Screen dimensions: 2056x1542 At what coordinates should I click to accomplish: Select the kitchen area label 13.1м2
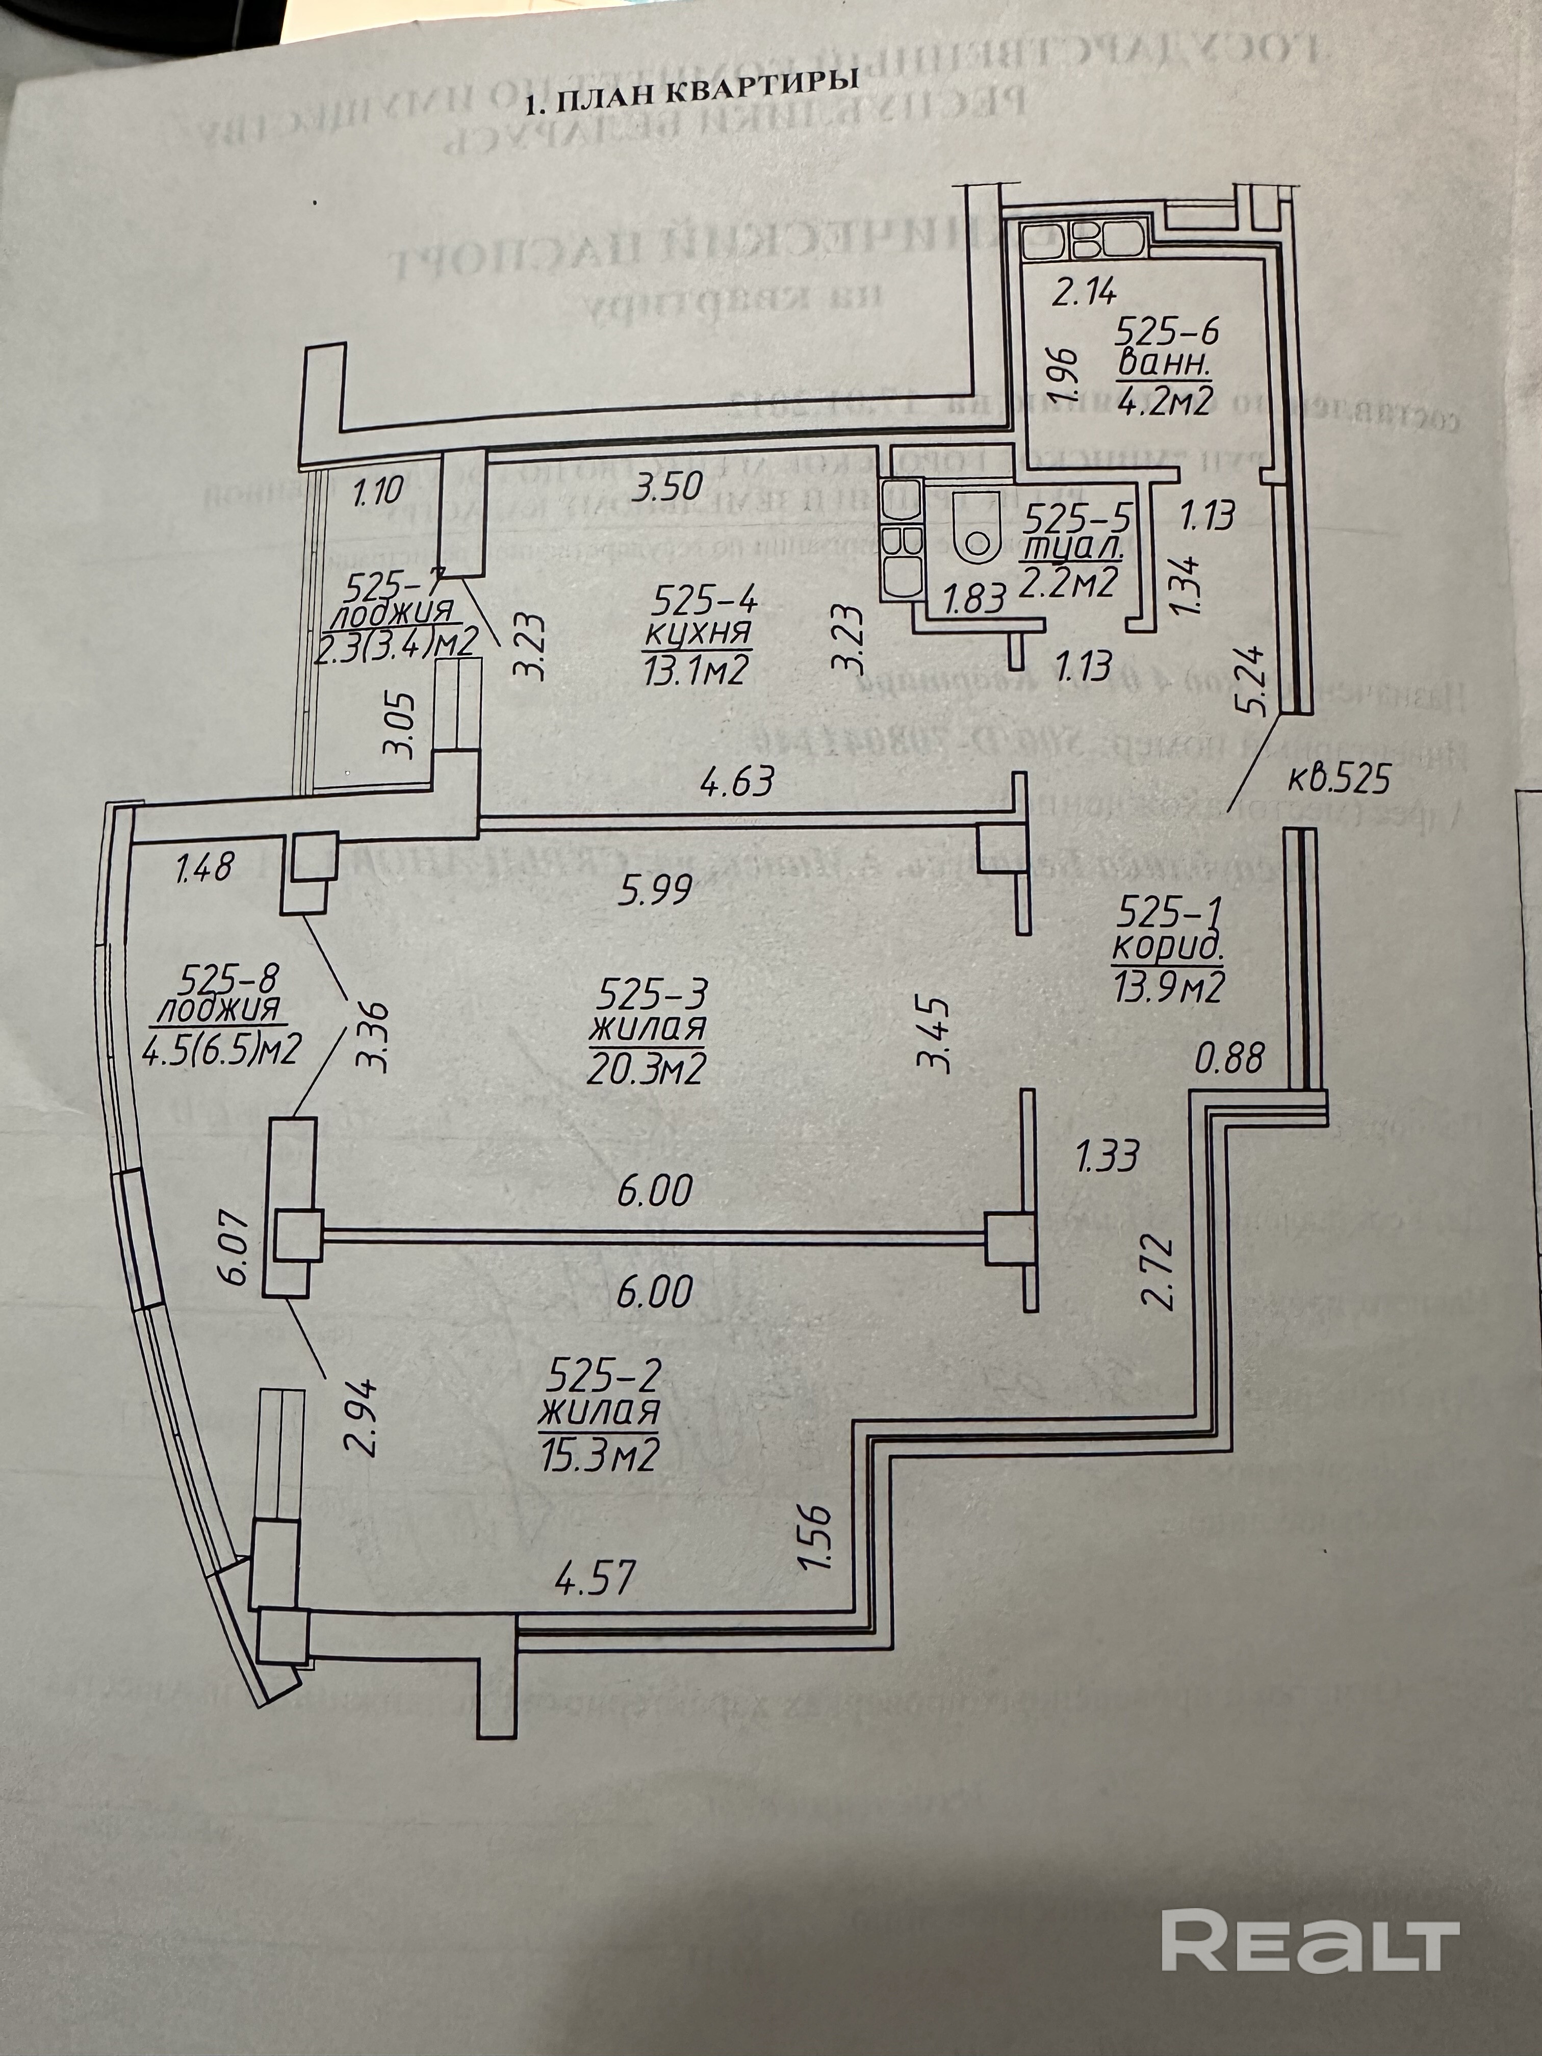coord(695,670)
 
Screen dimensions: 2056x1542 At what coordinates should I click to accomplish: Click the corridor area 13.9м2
coord(1168,987)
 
